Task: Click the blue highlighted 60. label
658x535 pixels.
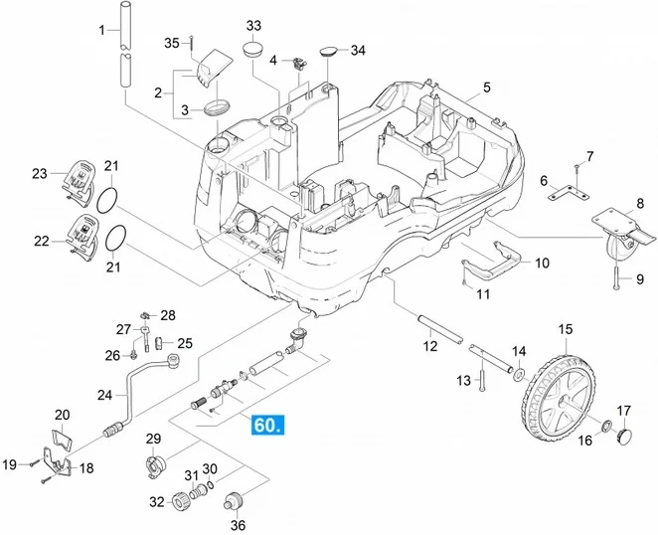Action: [x=267, y=425]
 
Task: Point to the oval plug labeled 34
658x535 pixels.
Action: [x=329, y=52]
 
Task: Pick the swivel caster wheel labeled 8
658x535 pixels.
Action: [x=623, y=229]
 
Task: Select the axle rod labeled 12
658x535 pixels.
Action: [x=440, y=330]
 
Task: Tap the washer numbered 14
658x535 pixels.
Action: [x=519, y=374]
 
